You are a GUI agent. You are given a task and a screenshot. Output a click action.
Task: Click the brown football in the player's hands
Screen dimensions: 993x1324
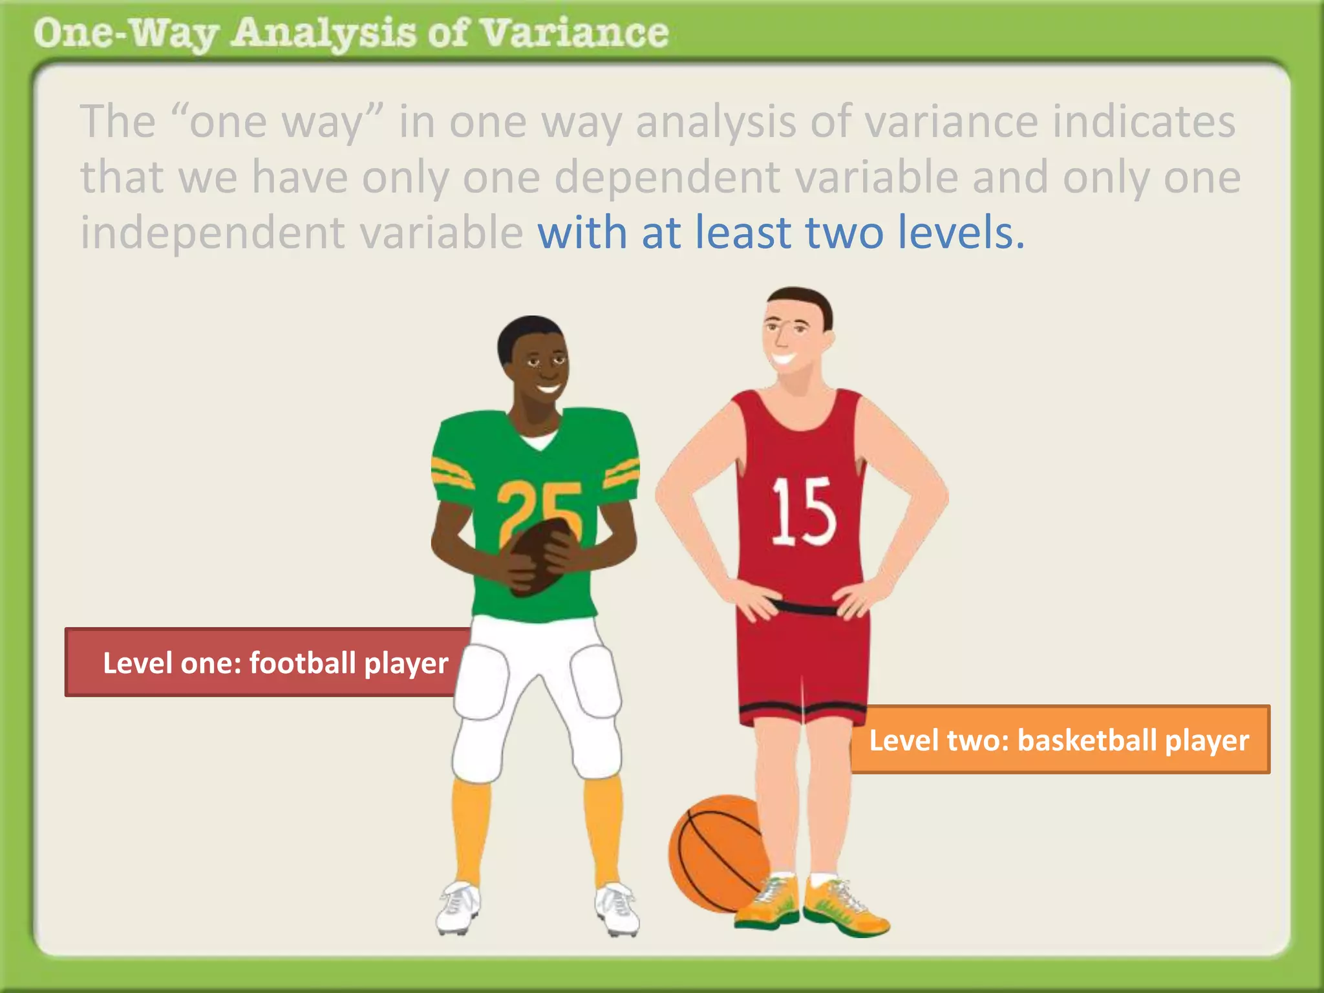point(540,556)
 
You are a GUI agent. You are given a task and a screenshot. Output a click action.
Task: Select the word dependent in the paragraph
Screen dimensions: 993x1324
point(667,177)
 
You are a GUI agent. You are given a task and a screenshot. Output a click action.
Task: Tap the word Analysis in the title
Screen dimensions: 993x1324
point(323,34)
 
